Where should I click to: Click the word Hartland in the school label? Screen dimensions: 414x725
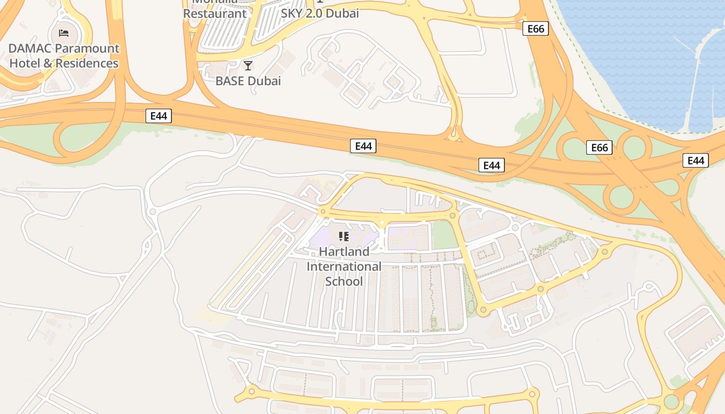344,252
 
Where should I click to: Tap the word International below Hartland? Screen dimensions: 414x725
344,267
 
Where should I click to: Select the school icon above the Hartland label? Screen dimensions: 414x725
343,237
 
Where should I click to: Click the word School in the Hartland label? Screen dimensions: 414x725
344,282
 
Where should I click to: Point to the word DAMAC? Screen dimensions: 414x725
30,49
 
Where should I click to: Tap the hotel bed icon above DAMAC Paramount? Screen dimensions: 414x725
64,34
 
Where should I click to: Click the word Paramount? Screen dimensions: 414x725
87,49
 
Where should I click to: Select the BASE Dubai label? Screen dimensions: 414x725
248,81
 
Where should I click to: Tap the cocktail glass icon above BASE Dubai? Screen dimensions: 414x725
248,66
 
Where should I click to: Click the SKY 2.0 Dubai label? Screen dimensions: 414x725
320,13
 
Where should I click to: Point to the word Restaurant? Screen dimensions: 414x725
215,13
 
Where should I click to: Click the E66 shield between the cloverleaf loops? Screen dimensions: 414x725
599,148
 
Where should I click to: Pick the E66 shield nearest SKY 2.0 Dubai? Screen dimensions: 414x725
535,28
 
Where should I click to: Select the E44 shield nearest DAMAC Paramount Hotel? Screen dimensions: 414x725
158,116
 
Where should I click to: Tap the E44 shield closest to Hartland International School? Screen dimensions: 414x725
363,146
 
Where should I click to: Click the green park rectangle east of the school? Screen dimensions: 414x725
445,235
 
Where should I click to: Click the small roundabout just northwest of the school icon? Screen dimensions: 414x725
323,211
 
